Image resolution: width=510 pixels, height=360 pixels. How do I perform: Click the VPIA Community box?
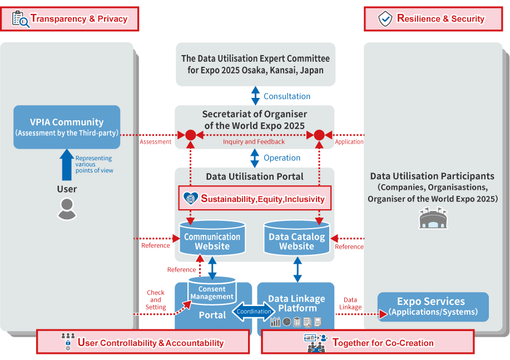(67, 127)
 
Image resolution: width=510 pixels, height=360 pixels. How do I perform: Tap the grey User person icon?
(67, 208)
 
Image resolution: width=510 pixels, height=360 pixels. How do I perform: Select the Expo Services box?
(433, 307)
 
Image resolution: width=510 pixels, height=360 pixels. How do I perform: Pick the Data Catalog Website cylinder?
(296, 238)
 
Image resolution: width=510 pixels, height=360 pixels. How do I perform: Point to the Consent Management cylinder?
(212, 291)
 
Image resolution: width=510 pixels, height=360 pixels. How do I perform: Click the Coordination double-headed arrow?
(254, 312)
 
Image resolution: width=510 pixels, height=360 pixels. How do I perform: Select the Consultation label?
(287, 96)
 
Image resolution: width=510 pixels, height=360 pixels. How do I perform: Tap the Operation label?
(282, 158)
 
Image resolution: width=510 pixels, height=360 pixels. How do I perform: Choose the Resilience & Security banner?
(434, 19)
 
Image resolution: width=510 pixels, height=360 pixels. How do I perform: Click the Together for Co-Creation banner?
(368, 342)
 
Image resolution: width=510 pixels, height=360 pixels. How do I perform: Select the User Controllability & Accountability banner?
(143, 342)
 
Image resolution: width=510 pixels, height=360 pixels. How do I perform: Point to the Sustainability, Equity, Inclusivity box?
(255, 198)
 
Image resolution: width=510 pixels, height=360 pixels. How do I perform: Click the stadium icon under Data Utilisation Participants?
(433, 219)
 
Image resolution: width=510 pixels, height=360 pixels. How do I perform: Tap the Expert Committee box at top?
(255, 65)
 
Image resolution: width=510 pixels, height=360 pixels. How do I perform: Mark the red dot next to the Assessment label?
(191, 135)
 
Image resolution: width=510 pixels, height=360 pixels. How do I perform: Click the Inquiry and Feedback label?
(254, 142)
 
